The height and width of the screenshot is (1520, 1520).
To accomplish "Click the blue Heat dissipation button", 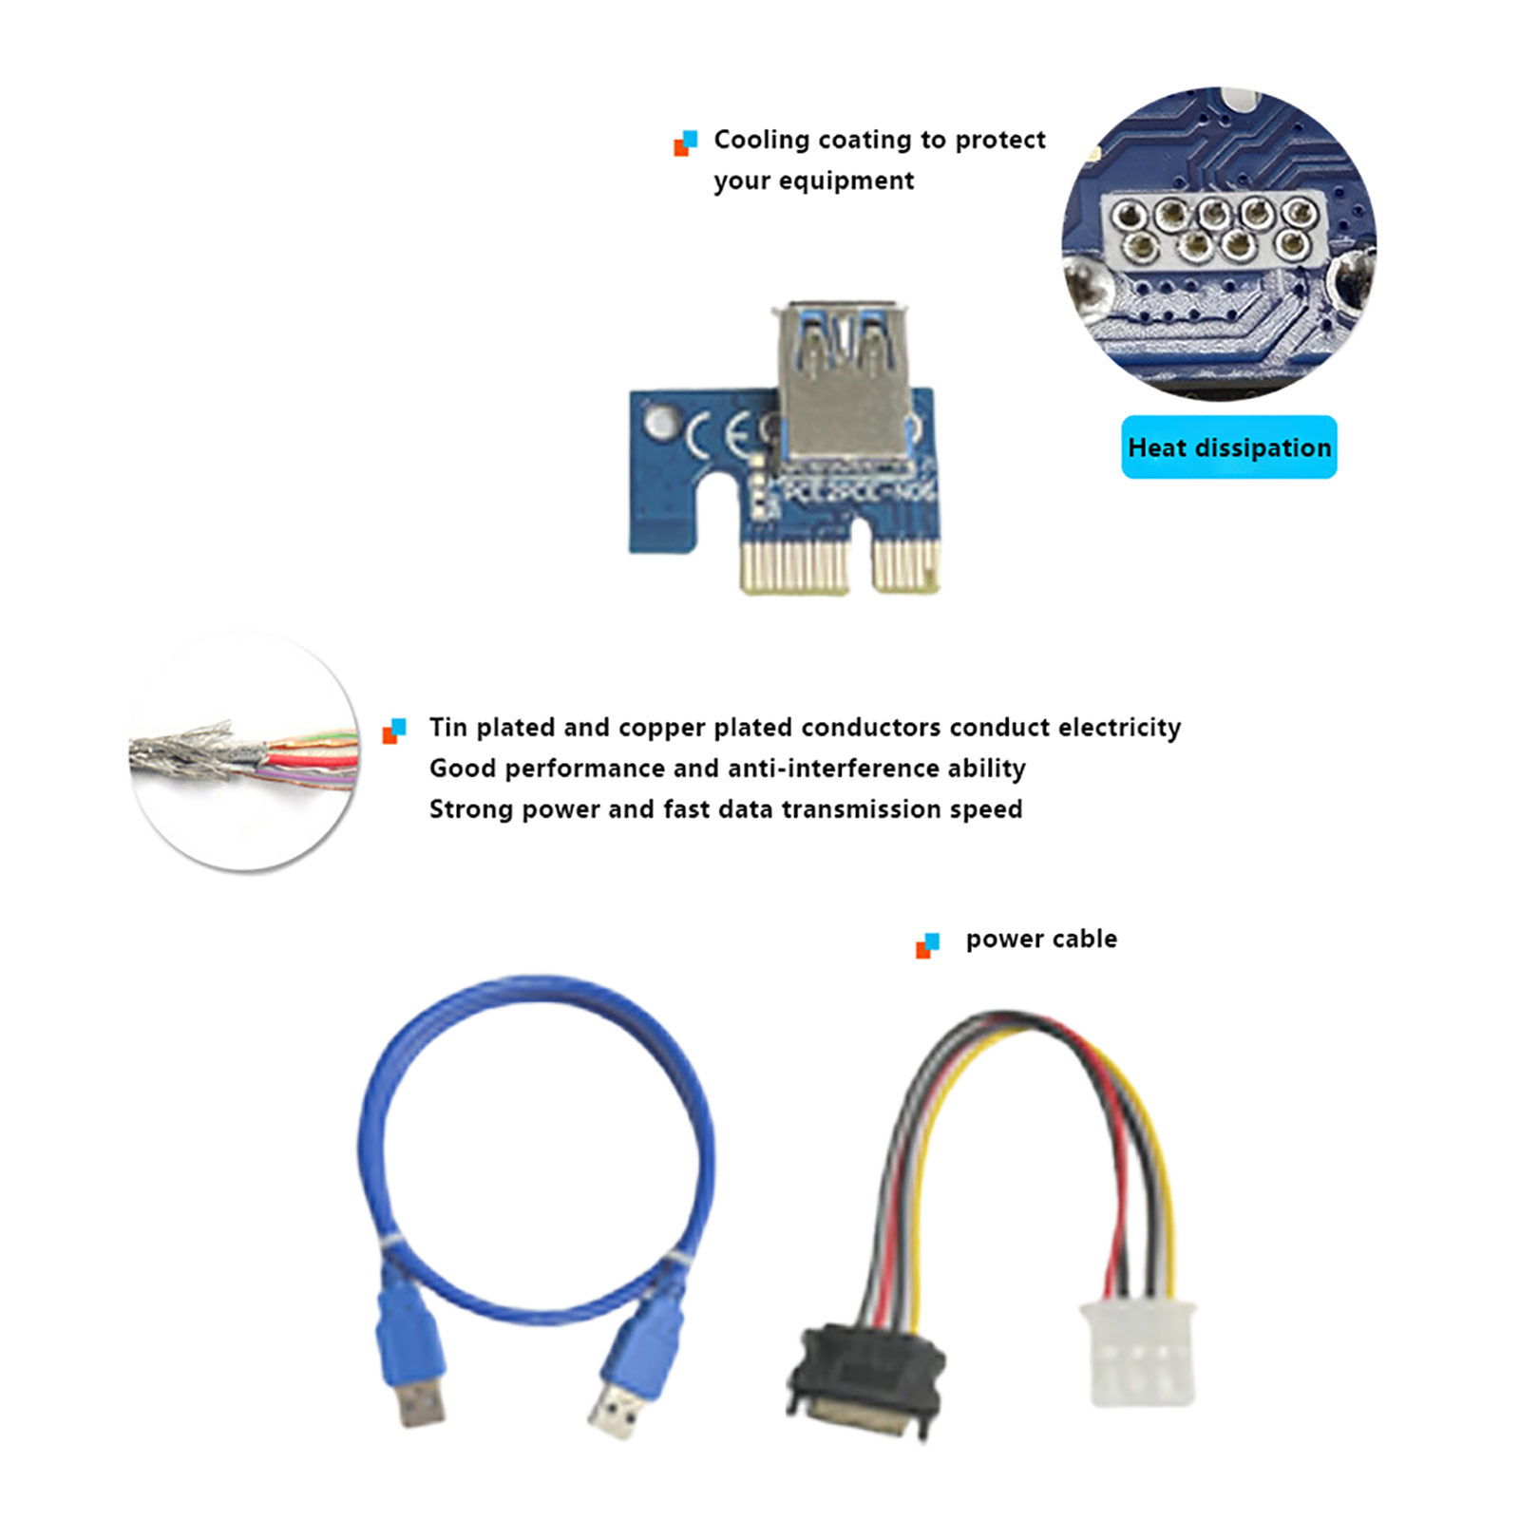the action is tap(1228, 446).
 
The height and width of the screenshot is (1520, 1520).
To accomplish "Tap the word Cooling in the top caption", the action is tap(761, 140).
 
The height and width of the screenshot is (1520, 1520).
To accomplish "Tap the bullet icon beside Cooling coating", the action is tap(685, 142).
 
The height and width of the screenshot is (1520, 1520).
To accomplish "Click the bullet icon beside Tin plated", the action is tap(393, 731).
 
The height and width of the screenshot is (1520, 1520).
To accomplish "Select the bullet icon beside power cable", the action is tap(927, 945).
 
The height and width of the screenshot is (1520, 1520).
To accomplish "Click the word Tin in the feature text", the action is tap(447, 727).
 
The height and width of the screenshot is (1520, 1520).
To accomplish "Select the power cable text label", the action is tap(1041, 939).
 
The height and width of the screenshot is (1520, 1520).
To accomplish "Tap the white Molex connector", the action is tap(1138, 1354).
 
